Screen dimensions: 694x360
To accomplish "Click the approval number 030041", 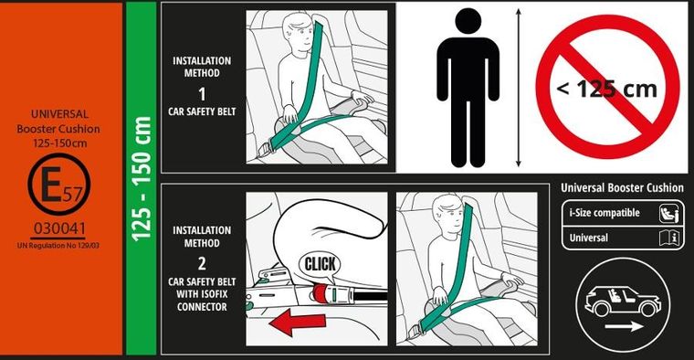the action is pos(59,228).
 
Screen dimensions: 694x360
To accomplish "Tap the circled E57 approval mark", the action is pos(59,184).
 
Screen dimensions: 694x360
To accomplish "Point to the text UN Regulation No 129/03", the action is pos(58,245).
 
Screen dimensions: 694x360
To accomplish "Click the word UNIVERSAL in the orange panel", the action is pos(59,114).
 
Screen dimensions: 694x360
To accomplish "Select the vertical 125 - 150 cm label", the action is pos(142,178).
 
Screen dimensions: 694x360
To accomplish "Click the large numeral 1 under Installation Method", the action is pos(202,94).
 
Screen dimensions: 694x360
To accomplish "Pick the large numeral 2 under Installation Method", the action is pos(202,263).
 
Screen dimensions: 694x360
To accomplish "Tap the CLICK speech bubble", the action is pos(320,265).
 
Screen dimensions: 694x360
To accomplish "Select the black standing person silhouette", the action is pos(468,88).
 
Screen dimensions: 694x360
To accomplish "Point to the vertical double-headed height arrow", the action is pos(519,87).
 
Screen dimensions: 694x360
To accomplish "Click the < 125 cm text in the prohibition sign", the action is pos(607,89).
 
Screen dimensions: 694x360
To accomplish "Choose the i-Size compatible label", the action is pos(605,213).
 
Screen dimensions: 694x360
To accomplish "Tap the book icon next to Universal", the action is pos(668,238).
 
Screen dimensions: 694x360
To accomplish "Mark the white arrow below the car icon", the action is pos(624,327).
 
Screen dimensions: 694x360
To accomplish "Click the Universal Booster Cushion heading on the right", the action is pos(622,187).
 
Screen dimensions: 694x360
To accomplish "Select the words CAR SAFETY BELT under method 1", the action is pos(202,111).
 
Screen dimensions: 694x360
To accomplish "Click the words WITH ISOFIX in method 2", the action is pos(202,294).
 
